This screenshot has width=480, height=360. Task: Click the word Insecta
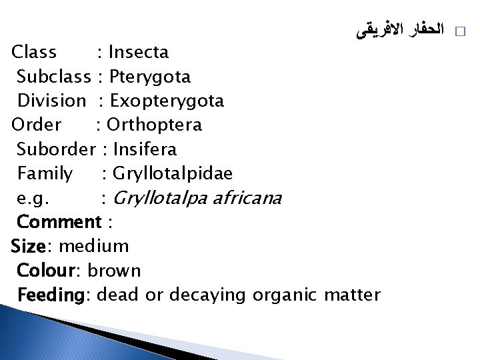point(139,52)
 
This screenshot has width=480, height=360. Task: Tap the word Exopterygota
point(167,101)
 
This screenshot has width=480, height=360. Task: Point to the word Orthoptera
point(154,125)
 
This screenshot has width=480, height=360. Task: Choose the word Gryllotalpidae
point(173,173)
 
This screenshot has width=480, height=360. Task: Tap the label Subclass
point(53,77)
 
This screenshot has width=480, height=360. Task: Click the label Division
point(51,101)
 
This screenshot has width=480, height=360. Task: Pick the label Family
point(45,173)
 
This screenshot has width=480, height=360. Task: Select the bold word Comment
point(59,221)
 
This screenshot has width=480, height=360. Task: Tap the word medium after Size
point(94,246)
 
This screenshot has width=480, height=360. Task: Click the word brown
point(114,270)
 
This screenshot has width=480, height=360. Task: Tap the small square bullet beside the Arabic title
point(458,32)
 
